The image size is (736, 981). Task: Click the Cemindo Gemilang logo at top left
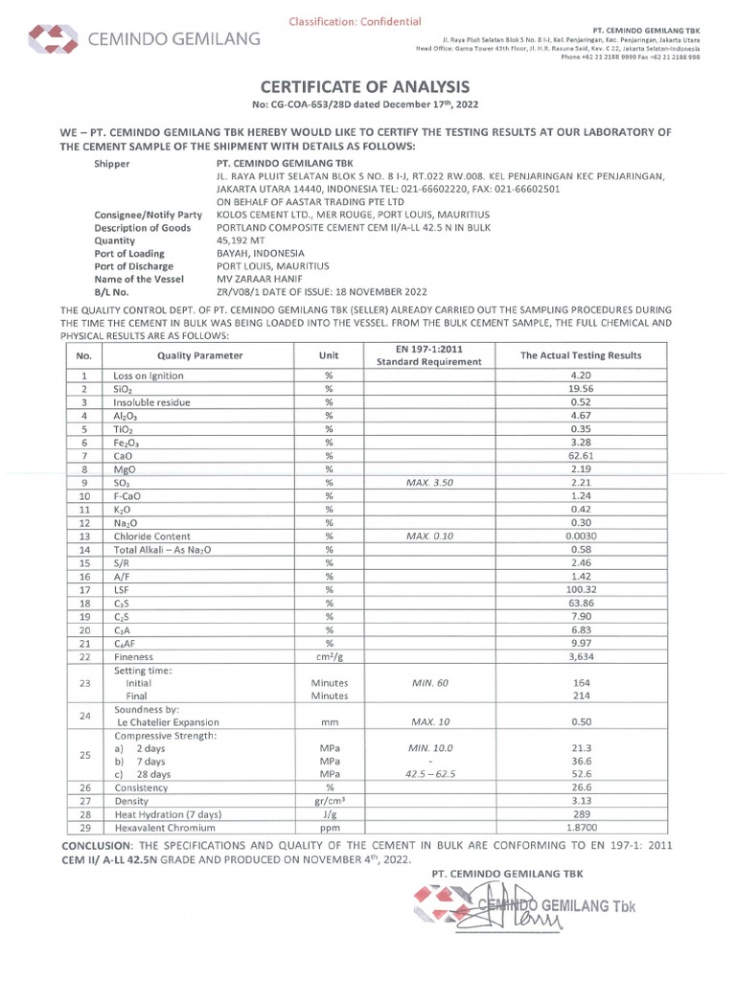[144, 39]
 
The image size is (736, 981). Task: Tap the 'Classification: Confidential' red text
[355, 21]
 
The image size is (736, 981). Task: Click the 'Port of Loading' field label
[132, 254]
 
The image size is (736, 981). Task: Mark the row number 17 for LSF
[84, 590]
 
